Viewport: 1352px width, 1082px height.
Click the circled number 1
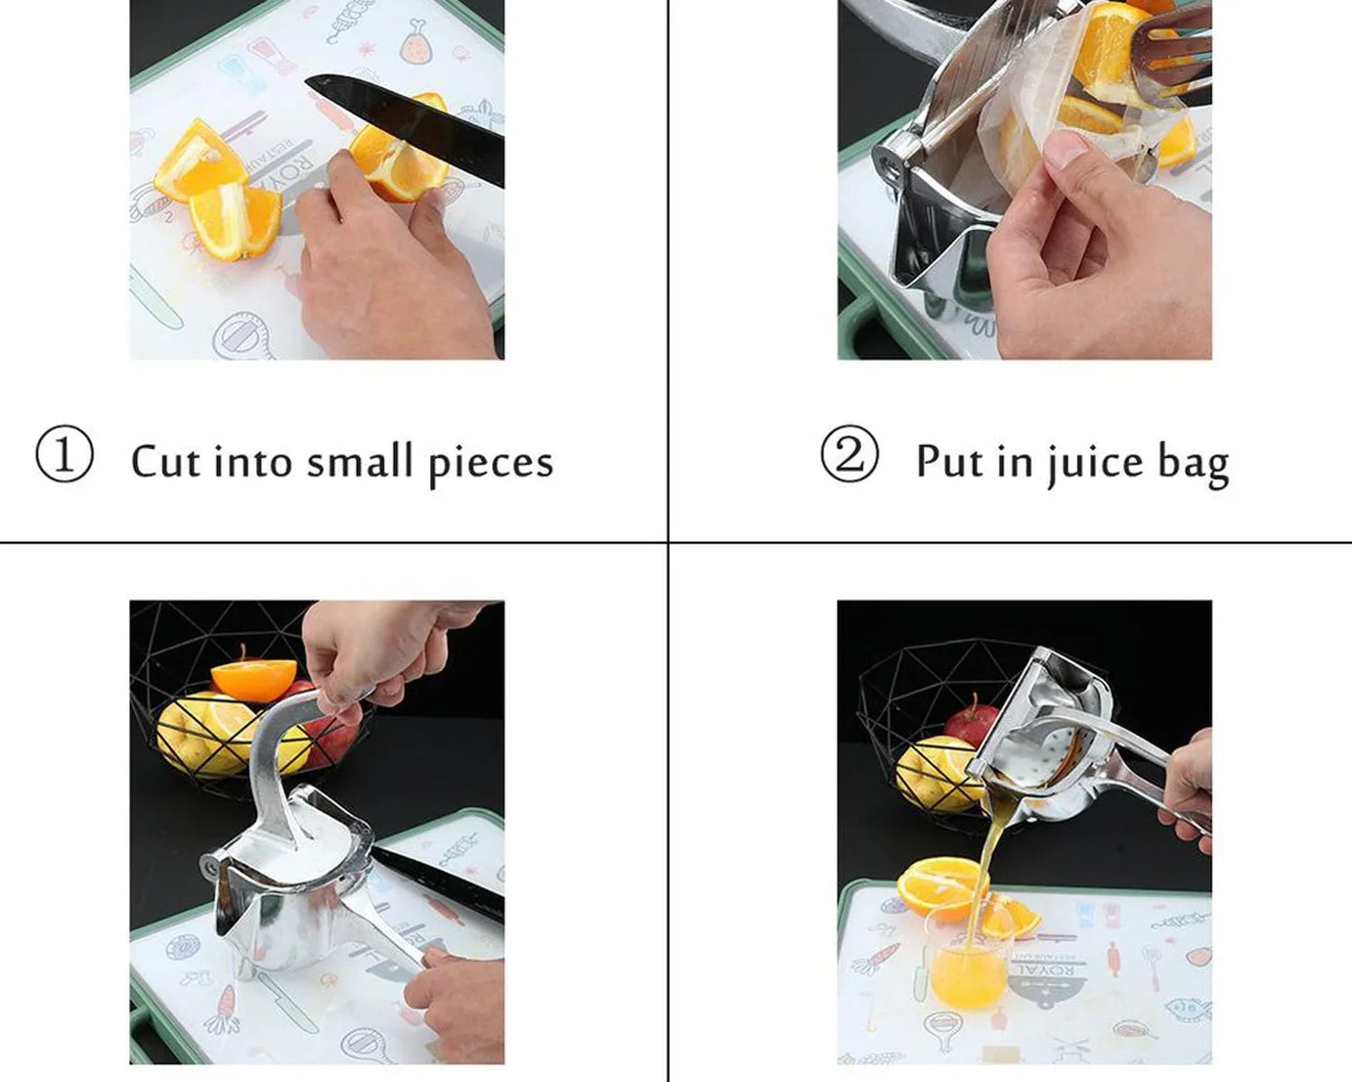(x=65, y=455)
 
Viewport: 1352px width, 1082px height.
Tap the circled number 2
(x=849, y=455)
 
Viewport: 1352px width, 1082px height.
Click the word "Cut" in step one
(x=165, y=461)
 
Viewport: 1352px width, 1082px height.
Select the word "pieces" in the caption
(x=491, y=463)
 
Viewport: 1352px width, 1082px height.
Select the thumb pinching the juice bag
(x=1069, y=154)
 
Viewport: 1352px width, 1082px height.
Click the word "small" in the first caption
(x=360, y=461)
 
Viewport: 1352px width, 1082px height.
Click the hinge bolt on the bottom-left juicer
(x=209, y=866)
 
